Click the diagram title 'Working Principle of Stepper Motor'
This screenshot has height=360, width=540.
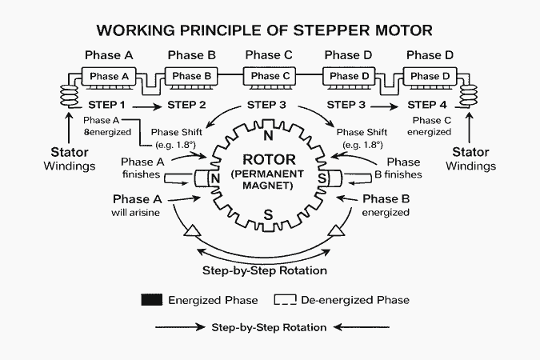[264, 31]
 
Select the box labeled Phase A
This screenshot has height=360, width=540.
[109, 77]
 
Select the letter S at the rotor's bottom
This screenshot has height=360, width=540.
[269, 214]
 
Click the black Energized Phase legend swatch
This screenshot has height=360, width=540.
[151, 301]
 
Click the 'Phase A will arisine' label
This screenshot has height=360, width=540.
[137, 205]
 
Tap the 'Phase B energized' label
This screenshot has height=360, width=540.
[386, 205]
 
